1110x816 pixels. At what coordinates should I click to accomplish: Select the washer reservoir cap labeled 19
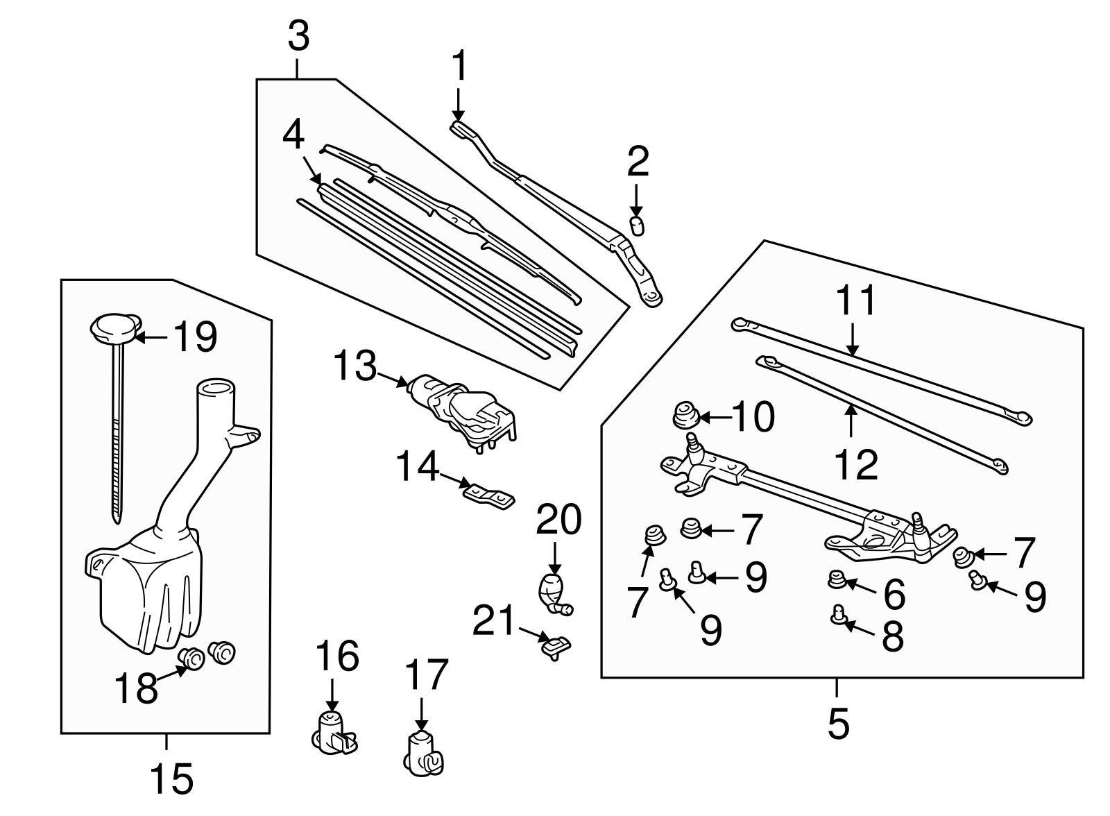(x=114, y=328)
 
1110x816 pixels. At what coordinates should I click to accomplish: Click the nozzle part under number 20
(x=553, y=592)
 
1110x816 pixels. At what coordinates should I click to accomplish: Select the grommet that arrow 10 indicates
(x=685, y=417)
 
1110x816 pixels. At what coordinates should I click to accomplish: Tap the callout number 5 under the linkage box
(x=838, y=724)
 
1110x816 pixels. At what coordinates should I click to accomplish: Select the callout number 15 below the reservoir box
(x=171, y=779)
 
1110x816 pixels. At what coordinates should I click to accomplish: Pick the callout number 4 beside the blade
(x=293, y=135)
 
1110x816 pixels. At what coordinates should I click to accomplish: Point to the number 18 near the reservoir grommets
(x=137, y=689)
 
